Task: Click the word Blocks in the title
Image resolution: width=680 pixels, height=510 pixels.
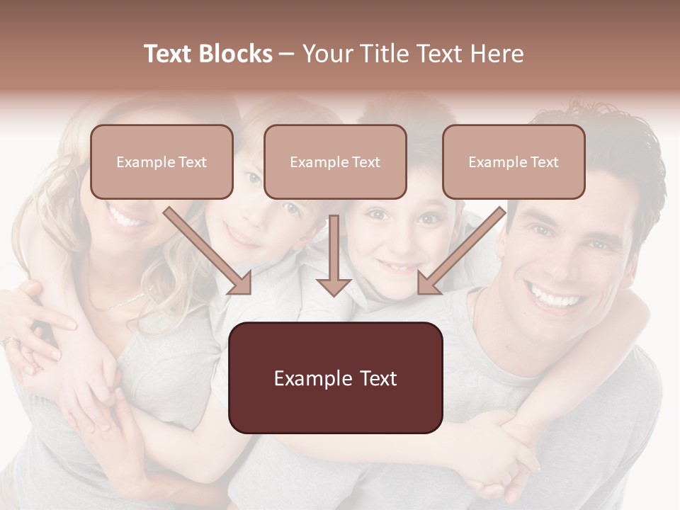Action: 234,54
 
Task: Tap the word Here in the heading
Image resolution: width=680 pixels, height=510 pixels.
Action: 497,54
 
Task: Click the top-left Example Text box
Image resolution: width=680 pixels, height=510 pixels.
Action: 161,162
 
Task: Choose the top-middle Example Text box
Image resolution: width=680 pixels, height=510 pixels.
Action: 335,162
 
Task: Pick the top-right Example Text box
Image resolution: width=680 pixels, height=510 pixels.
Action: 514,162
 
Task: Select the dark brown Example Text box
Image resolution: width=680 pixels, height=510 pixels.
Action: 335,378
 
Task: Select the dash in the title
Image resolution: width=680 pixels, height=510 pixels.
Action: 287,54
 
